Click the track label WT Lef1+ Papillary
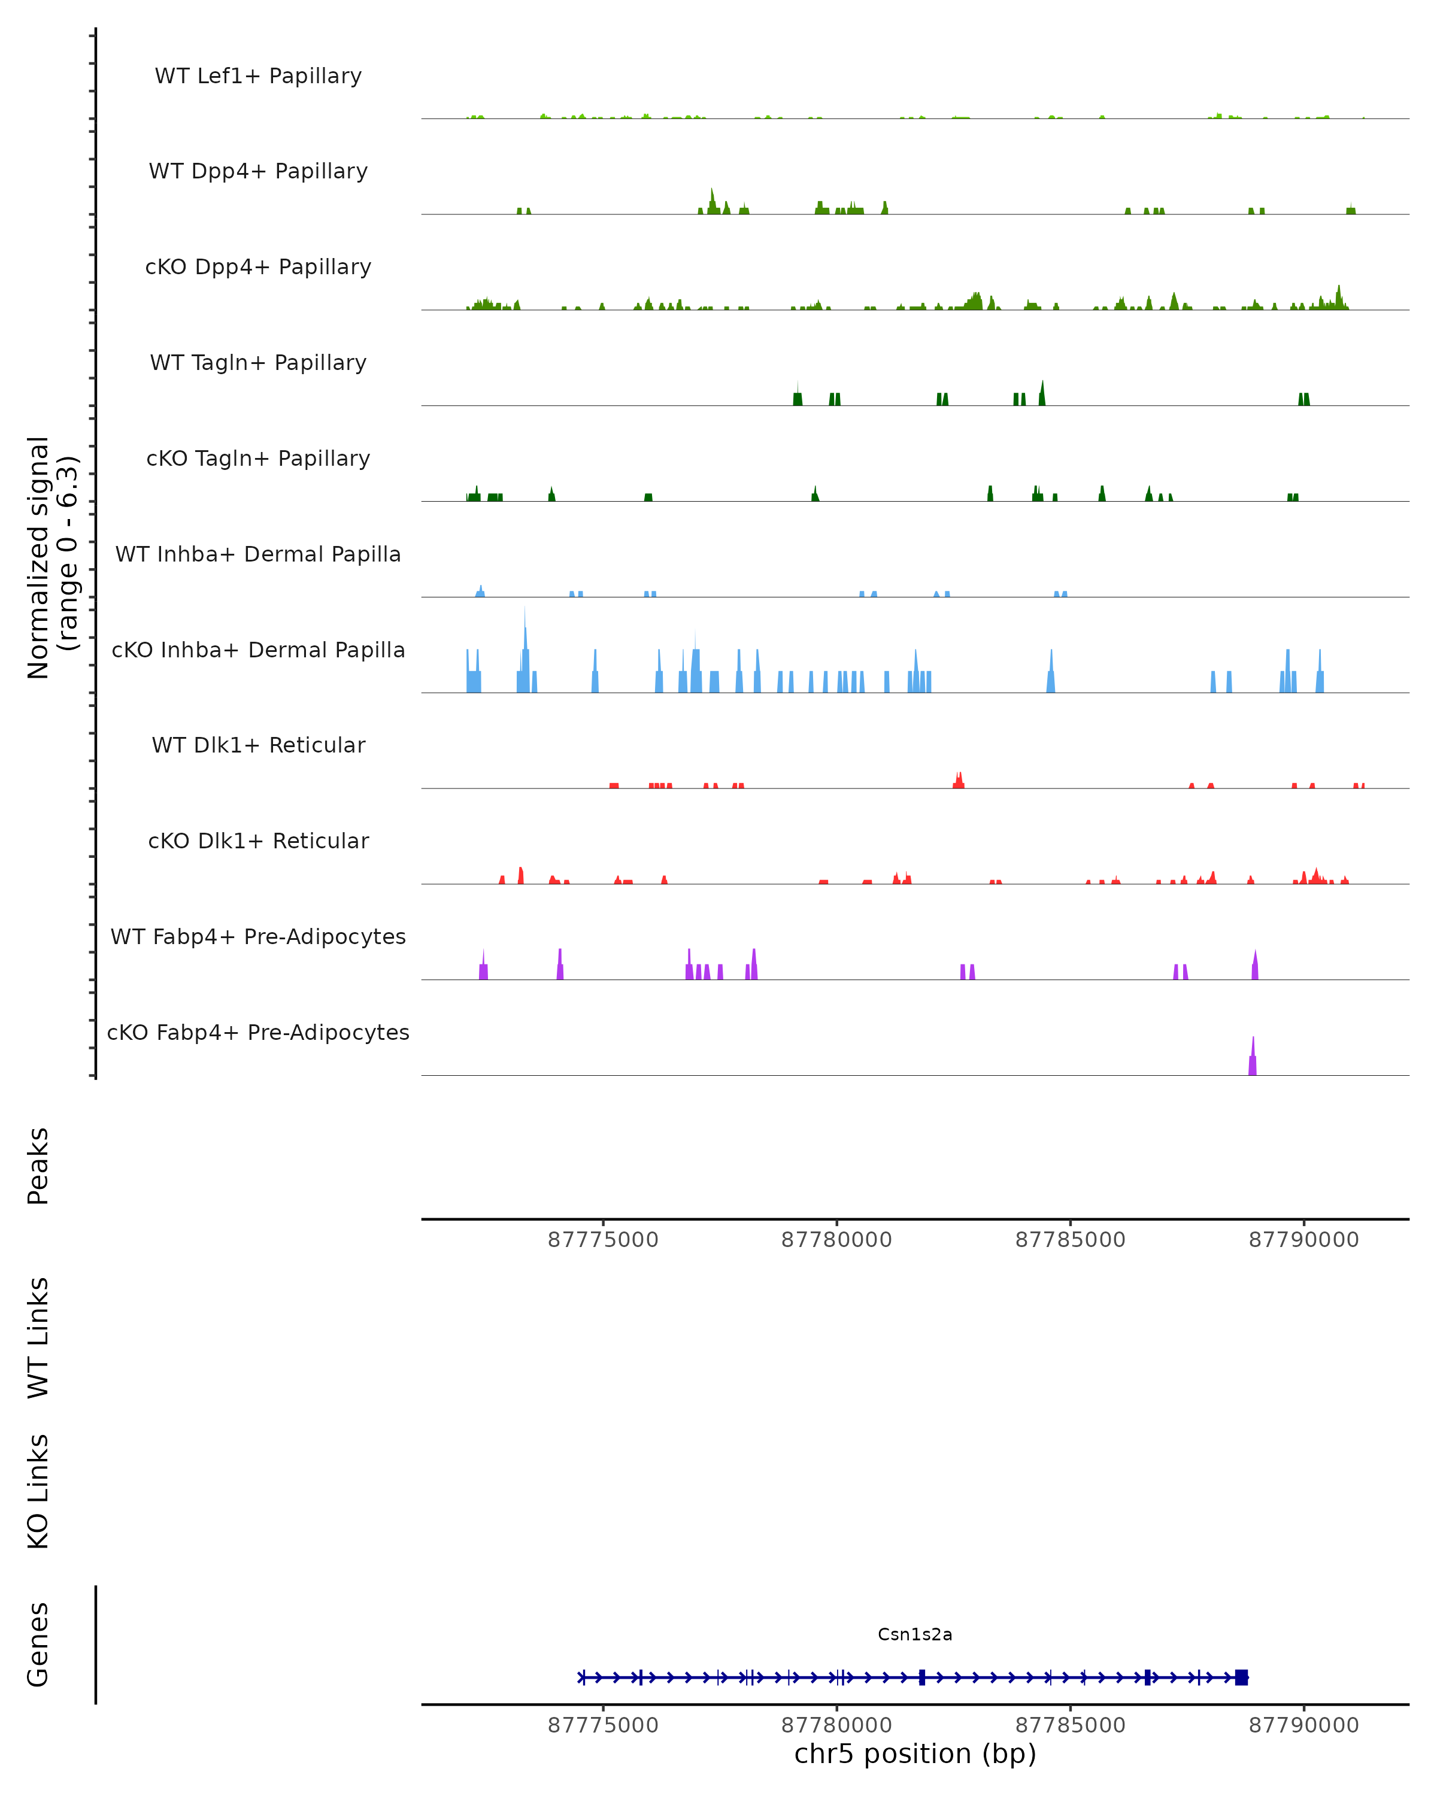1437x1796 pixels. [x=258, y=76]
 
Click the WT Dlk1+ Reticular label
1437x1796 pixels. [x=258, y=745]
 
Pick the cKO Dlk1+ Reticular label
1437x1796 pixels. [x=258, y=841]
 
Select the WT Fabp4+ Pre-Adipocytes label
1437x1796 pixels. [x=258, y=936]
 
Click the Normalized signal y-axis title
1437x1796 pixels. [x=51, y=556]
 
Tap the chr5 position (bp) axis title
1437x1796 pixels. [x=915, y=1753]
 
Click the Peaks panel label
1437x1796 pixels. [x=38, y=1166]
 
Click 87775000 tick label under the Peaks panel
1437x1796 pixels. [x=603, y=1240]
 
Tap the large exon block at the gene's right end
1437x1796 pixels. [x=1241, y=1677]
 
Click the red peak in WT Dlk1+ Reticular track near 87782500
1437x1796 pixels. [x=959, y=781]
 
